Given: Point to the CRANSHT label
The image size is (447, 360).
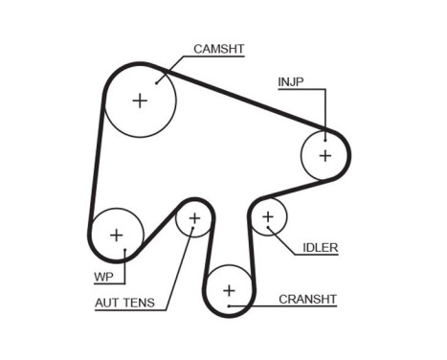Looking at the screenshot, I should coord(307,299).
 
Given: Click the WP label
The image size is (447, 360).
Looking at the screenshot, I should coord(104,279).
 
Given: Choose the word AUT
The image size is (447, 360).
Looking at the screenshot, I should coord(109,304).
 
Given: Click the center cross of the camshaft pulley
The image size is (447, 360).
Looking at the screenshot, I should coord(140,100).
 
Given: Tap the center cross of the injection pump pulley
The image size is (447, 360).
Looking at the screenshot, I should coord(324,154).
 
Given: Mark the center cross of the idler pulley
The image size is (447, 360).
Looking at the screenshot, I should coord(269,217).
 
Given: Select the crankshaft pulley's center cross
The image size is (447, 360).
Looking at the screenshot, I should coord(229,289).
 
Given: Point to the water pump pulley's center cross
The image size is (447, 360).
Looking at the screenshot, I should coord(117,234).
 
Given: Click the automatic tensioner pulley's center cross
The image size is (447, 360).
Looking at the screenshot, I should coord(194,219).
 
